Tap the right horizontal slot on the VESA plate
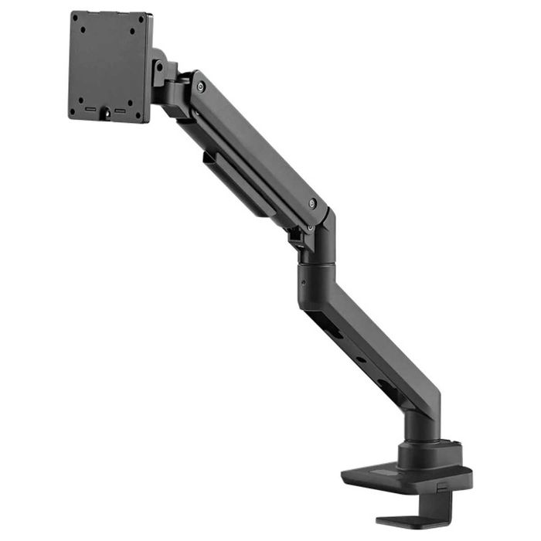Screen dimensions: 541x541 (120, 111)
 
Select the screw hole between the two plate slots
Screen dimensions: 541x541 (106, 117)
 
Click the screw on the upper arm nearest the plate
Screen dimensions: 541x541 (200, 87)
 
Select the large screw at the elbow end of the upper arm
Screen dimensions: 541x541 (311, 204)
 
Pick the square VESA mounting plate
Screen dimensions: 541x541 (110, 66)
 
